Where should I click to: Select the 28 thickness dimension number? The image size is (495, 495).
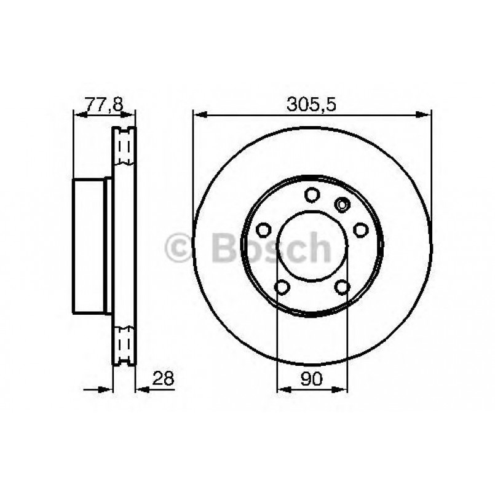click(x=162, y=379)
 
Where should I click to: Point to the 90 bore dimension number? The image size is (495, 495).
click(x=312, y=379)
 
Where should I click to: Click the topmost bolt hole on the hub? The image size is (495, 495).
click(x=312, y=195)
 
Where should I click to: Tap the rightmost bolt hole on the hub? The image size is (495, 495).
click(x=360, y=230)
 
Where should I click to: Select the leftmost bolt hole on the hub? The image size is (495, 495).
click(x=264, y=230)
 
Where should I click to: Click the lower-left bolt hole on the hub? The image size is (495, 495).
click(x=282, y=287)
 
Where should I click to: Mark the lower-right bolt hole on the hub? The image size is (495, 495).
click(x=342, y=287)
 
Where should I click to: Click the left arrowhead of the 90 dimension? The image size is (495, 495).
click(x=282, y=389)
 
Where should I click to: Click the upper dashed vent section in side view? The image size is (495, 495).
click(x=124, y=148)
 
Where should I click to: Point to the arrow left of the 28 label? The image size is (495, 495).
click(x=141, y=389)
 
